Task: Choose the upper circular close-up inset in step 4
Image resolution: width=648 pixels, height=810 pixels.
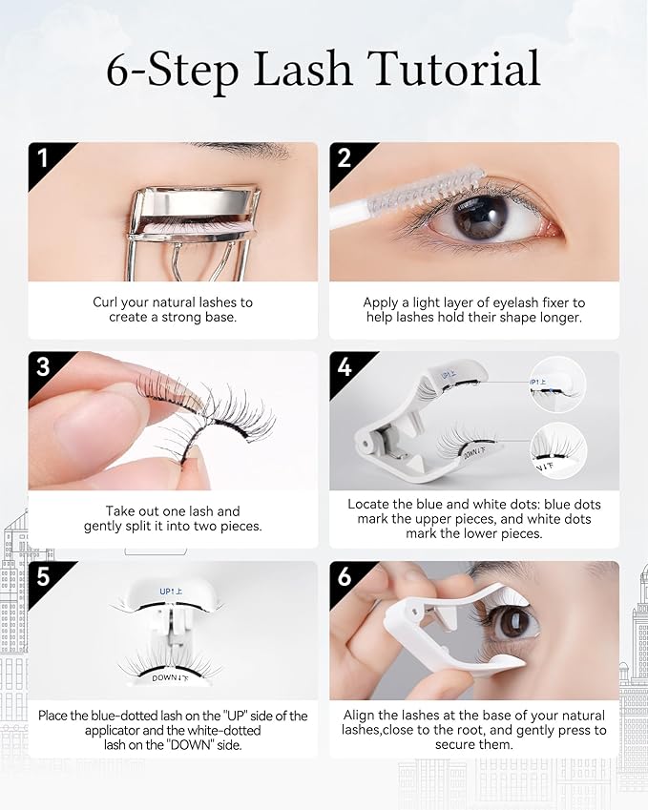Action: point(558,383)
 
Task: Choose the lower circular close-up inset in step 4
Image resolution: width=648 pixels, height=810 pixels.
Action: point(558,448)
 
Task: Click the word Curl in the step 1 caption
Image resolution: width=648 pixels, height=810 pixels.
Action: point(106,302)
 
